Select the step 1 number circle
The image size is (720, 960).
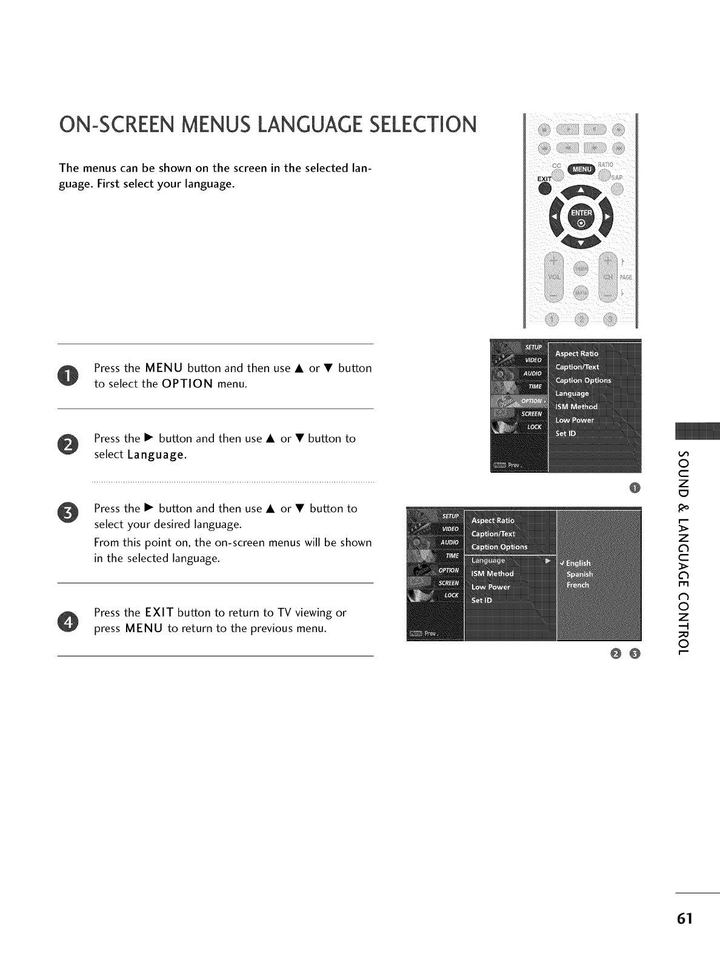68,376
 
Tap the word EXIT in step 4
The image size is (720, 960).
159,613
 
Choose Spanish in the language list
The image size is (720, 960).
579,575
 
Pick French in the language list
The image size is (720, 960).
578,585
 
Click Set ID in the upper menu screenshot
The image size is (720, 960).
566,433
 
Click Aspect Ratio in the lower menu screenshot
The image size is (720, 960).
493,521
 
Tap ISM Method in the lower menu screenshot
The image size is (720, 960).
492,573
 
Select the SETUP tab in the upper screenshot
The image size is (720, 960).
533,347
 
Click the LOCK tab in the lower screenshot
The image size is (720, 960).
451,595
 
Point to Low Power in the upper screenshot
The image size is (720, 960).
575,420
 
